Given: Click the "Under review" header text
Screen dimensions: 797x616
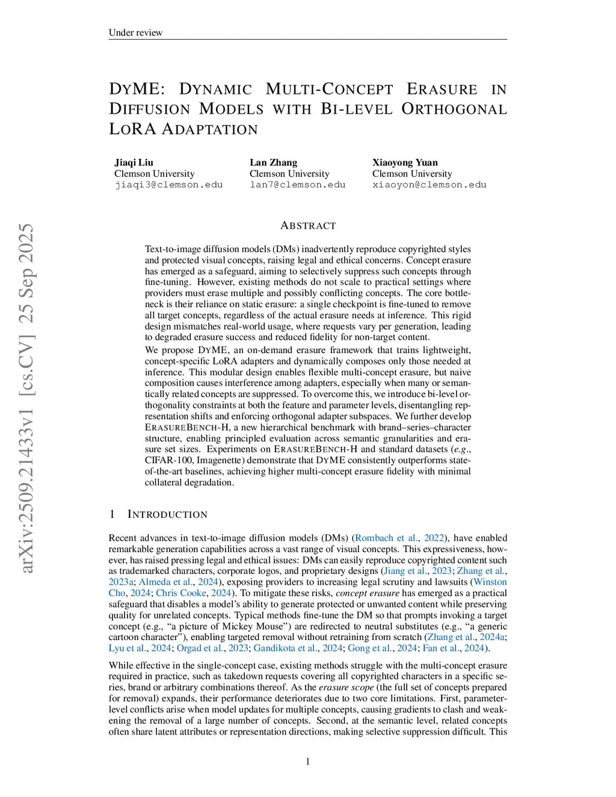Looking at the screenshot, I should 135,32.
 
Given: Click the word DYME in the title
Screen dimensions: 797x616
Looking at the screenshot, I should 137,89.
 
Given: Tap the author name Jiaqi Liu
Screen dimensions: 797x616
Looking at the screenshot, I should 134,162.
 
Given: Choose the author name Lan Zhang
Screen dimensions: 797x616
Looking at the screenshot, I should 273,162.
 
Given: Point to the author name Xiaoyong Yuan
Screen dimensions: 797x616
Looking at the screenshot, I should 405,162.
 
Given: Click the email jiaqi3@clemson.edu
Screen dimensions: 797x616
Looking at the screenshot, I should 168,185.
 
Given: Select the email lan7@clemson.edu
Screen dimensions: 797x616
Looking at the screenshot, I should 297,185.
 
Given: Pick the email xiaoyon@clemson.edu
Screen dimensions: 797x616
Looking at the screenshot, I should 429,185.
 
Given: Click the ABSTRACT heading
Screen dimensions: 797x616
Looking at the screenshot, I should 308,226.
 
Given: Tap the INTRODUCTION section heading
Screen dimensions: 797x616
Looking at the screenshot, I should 167,514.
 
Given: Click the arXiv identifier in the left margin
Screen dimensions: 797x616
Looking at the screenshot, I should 26,398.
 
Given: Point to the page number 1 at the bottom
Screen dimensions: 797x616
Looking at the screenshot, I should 308,762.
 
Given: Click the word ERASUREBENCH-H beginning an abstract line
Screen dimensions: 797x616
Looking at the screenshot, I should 187,427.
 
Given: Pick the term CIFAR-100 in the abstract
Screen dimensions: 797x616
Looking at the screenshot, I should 166,460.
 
